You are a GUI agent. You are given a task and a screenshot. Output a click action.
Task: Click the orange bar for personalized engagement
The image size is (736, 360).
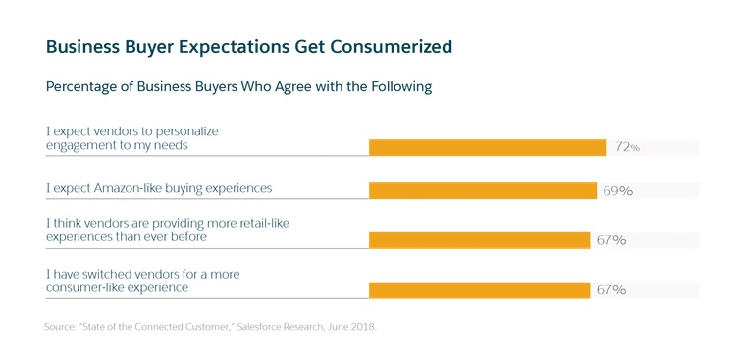coord(488,147)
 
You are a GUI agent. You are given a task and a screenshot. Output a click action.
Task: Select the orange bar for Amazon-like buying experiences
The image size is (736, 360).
coord(483,190)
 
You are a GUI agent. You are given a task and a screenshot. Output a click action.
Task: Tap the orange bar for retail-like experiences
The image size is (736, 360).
coord(481,239)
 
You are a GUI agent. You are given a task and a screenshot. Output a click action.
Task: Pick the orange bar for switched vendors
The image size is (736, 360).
coord(481,289)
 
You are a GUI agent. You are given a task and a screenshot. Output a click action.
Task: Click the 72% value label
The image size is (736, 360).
coord(627,147)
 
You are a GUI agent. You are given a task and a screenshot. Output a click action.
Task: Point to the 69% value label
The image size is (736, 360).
coord(617,191)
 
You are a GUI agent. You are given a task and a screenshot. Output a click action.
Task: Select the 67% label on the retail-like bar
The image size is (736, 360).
coord(612,240)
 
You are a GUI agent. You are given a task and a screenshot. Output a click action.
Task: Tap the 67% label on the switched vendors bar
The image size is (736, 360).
coord(612,290)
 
